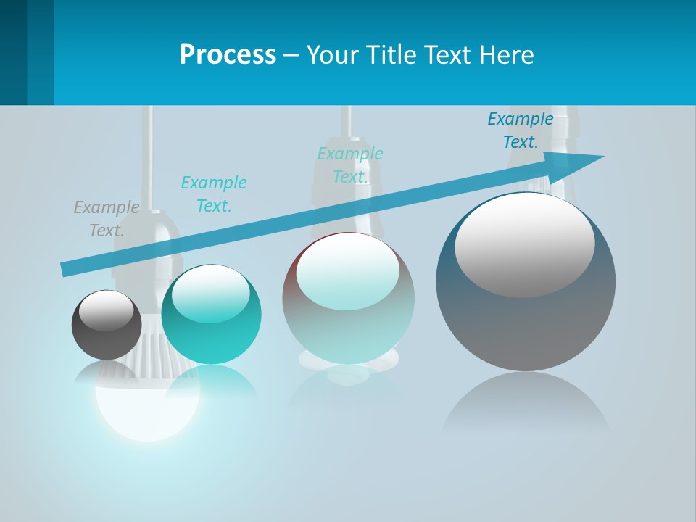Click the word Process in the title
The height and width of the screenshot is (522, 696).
(228, 55)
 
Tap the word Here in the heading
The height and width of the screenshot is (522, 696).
(505, 55)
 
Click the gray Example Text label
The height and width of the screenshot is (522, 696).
(107, 219)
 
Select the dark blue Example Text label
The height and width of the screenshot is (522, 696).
(521, 130)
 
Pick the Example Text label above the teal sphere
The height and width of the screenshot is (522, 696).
(214, 194)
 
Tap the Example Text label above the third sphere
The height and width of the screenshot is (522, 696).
(350, 165)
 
